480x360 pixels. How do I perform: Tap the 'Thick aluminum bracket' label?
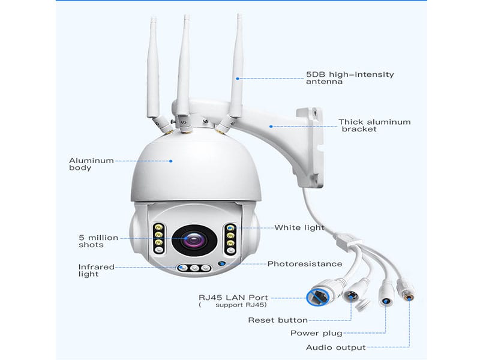374,125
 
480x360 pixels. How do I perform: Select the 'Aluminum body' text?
92,164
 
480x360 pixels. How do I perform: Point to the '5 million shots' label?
98,241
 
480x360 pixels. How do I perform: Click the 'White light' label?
299,228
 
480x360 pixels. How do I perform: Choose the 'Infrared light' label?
97,271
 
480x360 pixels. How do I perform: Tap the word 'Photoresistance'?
305,264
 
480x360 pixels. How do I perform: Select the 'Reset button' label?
278,320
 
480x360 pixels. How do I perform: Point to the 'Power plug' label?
316,334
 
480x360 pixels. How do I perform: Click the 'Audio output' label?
336,347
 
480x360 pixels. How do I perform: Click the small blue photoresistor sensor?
221,263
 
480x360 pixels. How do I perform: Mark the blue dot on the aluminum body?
172,160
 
